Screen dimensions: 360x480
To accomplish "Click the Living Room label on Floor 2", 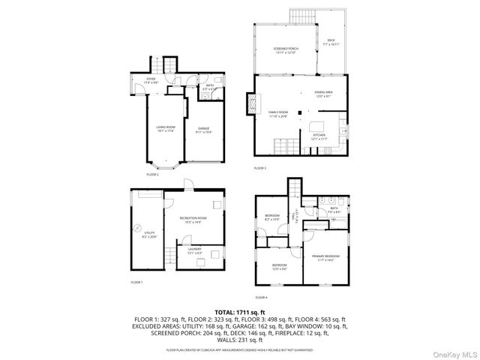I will tap(166, 129).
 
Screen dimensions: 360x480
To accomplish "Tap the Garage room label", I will tap(203, 129).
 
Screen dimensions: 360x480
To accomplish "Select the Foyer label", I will tap(151, 79).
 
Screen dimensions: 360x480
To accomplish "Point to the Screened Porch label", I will tap(285, 51).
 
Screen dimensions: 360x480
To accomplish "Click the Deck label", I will tap(330, 43).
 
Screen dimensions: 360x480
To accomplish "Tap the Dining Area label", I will tap(324, 94).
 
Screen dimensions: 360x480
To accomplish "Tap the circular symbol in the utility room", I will tap(137, 229).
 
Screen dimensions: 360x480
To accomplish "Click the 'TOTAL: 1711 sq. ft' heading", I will tap(240, 311).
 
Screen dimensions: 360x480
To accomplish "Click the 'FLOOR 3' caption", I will tap(260, 168).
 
